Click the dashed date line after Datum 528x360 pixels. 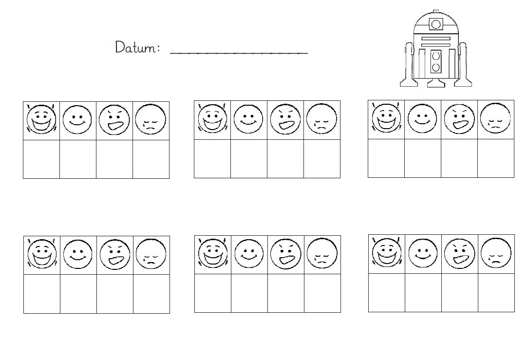[239, 53]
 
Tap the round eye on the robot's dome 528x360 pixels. [436, 24]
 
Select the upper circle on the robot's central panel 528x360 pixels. [436, 56]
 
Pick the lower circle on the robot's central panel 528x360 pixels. [436, 67]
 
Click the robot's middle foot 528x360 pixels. [436, 83]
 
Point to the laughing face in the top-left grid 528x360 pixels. [41, 119]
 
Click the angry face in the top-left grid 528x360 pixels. [114, 120]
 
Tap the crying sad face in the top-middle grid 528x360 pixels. [321, 118]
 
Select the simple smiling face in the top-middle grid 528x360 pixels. [248, 119]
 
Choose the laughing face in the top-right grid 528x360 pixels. [386, 118]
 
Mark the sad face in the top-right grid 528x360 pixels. [495, 118]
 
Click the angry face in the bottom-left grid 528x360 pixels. [115, 254]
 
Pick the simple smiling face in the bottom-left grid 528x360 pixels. [78, 255]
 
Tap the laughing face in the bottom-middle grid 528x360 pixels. [213, 254]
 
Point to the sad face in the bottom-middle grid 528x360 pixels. [322, 253]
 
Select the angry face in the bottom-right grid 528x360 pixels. [460, 253]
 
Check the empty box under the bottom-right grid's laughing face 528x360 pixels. [387, 293]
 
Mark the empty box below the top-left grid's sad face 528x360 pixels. [151, 159]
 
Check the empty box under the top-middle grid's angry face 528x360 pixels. [285, 159]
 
